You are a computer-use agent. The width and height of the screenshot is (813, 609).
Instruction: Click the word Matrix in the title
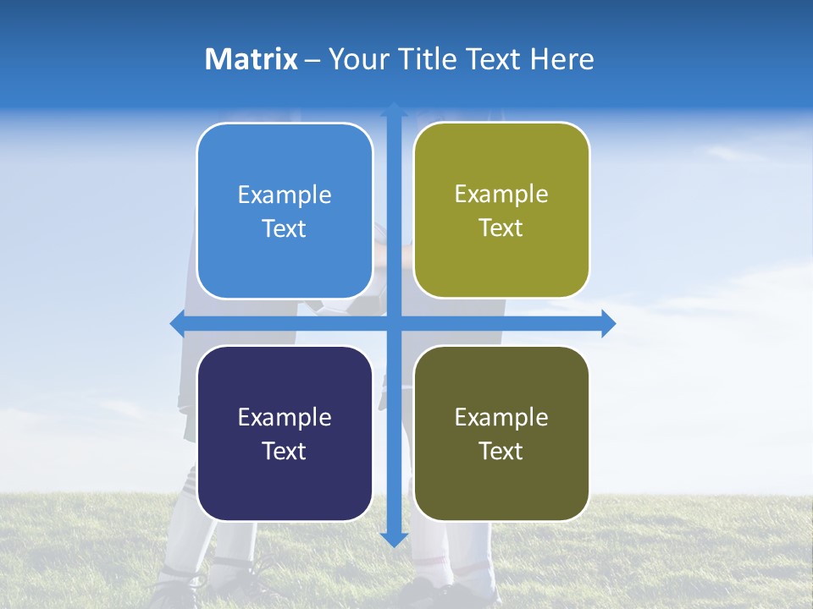(x=252, y=59)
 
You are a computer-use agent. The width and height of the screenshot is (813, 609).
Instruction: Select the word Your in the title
(x=359, y=59)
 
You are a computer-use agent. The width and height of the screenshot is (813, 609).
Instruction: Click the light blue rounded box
(x=285, y=211)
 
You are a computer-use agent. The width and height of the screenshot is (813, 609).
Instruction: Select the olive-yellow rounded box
(x=501, y=211)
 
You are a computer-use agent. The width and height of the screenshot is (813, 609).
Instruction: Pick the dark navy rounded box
(x=285, y=433)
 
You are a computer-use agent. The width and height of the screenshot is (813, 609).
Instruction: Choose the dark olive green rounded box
(x=501, y=433)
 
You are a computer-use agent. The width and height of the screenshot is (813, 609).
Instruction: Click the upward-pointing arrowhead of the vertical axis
(x=394, y=109)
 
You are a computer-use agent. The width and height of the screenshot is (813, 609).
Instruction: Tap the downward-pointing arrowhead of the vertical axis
(x=394, y=540)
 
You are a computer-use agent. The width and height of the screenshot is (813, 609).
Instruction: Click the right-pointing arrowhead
(x=607, y=323)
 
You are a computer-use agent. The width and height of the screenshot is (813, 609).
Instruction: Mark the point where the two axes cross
(x=394, y=323)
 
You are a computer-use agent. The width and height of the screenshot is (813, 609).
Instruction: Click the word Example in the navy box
(x=285, y=417)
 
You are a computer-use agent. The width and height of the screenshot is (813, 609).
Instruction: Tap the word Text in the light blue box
(x=285, y=228)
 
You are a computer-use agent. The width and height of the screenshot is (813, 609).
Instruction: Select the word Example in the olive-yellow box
(x=501, y=195)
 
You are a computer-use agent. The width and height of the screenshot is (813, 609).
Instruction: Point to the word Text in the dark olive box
(x=501, y=451)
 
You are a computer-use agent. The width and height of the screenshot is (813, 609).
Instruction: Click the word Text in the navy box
(x=285, y=451)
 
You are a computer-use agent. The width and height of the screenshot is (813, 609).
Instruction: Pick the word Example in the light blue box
(x=285, y=195)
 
